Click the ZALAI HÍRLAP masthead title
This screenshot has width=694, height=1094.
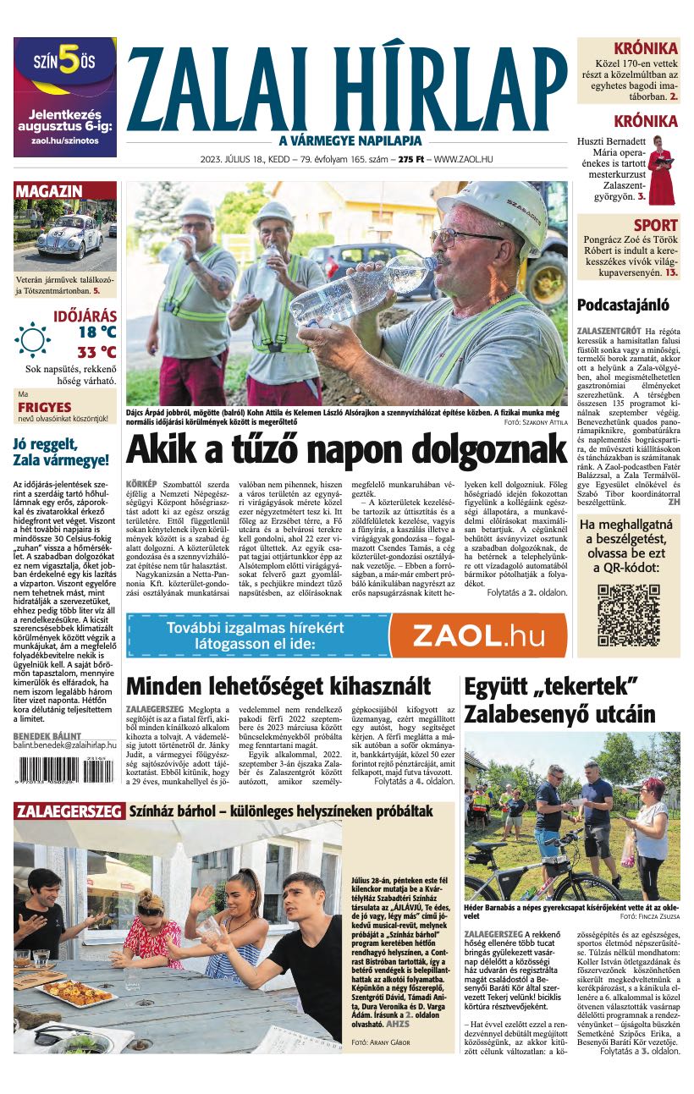click(x=347, y=87)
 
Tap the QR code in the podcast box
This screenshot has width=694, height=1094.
click(x=628, y=614)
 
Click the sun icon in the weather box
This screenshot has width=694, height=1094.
click(x=32, y=339)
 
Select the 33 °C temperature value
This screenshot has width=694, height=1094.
click(x=96, y=352)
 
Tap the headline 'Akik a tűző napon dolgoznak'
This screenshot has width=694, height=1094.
click(x=346, y=447)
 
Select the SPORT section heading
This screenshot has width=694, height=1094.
click(x=655, y=225)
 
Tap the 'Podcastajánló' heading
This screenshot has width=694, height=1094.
click(x=623, y=305)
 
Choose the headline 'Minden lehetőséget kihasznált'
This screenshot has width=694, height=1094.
click(x=278, y=685)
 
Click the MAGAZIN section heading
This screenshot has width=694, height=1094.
click(x=48, y=191)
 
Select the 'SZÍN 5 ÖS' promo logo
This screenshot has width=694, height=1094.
click(x=64, y=62)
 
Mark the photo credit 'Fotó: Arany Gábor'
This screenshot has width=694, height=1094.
click(x=380, y=1042)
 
